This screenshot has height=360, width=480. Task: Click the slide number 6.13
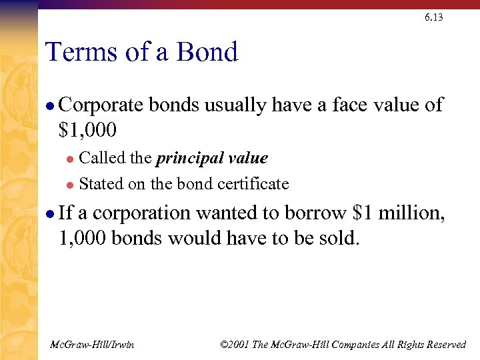pyautogui.click(x=433, y=17)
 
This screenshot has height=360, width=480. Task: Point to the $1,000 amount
pyautogui.click(x=89, y=131)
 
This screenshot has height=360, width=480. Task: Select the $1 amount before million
pyautogui.click(x=361, y=213)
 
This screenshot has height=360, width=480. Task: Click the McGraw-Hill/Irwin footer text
pyautogui.click(x=92, y=344)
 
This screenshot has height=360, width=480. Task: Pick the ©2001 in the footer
pyautogui.click(x=235, y=344)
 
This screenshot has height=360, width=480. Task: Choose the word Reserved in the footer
pyautogui.click(x=444, y=344)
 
